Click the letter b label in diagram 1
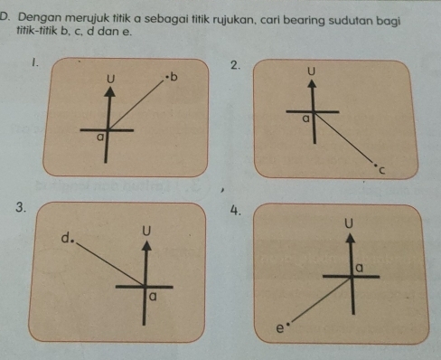pyautogui.click(x=174, y=77)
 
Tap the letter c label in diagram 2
pyautogui.click(x=382, y=171)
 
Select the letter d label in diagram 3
pyautogui.click(x=65, y=238)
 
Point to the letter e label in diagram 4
pyautogui.click(x=280, y=328)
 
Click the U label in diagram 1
pyautogui.click(x=111, y=79)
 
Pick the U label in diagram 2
pyautogui.click(x=312, y=71)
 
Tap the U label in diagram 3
pyautogui.click(x=146, y=231)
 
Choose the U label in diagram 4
pyautogui.click(x=349, y=223)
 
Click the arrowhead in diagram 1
pyautogui.click(x=110, y=91)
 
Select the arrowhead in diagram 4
pyautogui.click(x=350, y=238)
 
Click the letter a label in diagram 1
pyautogui.click(x=99, y=137)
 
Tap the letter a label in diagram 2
pyautogui.click(x=305, y=119)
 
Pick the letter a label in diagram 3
pyautogui.click(x=153, y=298)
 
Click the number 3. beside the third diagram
pyautogui.click(x=20, y=207)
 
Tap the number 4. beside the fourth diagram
pyautogui.click(x=236, y=211)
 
